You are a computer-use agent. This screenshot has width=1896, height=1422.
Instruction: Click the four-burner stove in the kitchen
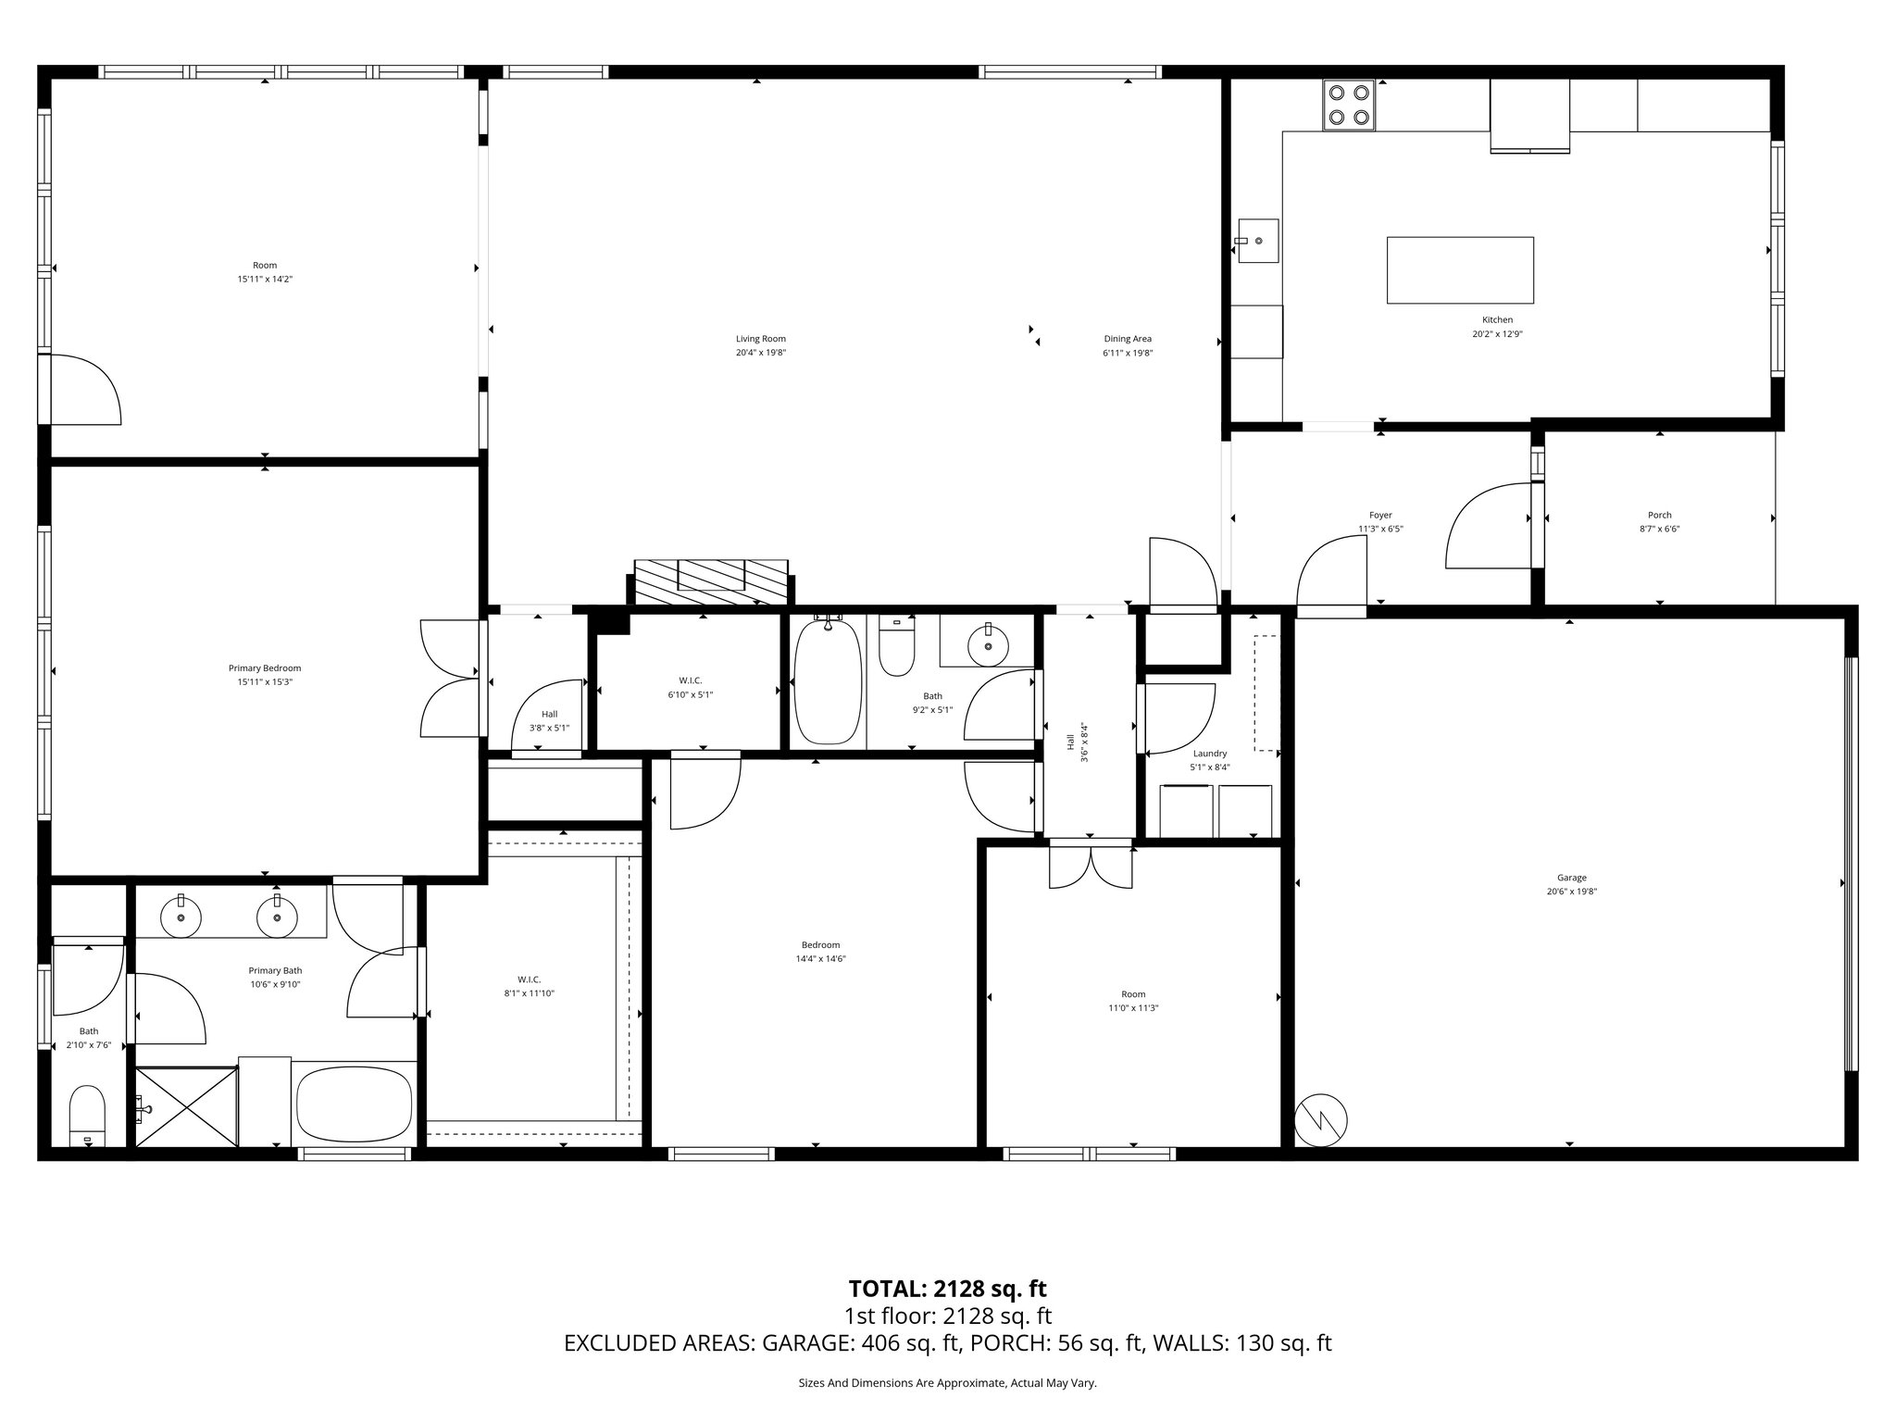point(1348,105)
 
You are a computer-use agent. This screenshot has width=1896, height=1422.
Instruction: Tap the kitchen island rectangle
point(1460,269)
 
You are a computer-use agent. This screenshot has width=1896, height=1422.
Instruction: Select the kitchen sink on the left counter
point(1258,241)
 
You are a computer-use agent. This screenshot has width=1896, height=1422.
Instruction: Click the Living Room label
point(760,339)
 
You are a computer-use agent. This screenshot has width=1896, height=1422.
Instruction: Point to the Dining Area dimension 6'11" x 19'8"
point(1127,353)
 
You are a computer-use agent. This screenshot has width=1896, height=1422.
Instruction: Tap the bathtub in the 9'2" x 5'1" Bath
point(828,682)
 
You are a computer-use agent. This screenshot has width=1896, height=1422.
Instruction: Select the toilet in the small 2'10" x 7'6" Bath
point(88,1116)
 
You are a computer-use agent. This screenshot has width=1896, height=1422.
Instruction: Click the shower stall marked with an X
point(187,1107)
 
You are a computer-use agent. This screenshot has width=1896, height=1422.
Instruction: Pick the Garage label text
point(1571,878)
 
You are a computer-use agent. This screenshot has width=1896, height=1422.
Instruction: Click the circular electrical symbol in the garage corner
point(1321,1121)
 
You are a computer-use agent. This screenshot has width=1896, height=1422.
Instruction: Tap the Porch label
point(1659,515)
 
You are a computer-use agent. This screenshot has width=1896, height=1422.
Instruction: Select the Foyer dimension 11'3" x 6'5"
point(1380,530)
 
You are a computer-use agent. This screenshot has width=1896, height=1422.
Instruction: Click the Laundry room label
point(1209,754)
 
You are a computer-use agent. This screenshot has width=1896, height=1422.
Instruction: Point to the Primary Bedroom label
point(265,667)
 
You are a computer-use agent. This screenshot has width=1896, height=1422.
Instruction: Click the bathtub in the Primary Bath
point(354,1106)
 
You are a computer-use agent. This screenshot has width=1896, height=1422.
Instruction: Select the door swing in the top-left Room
point(85,389)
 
